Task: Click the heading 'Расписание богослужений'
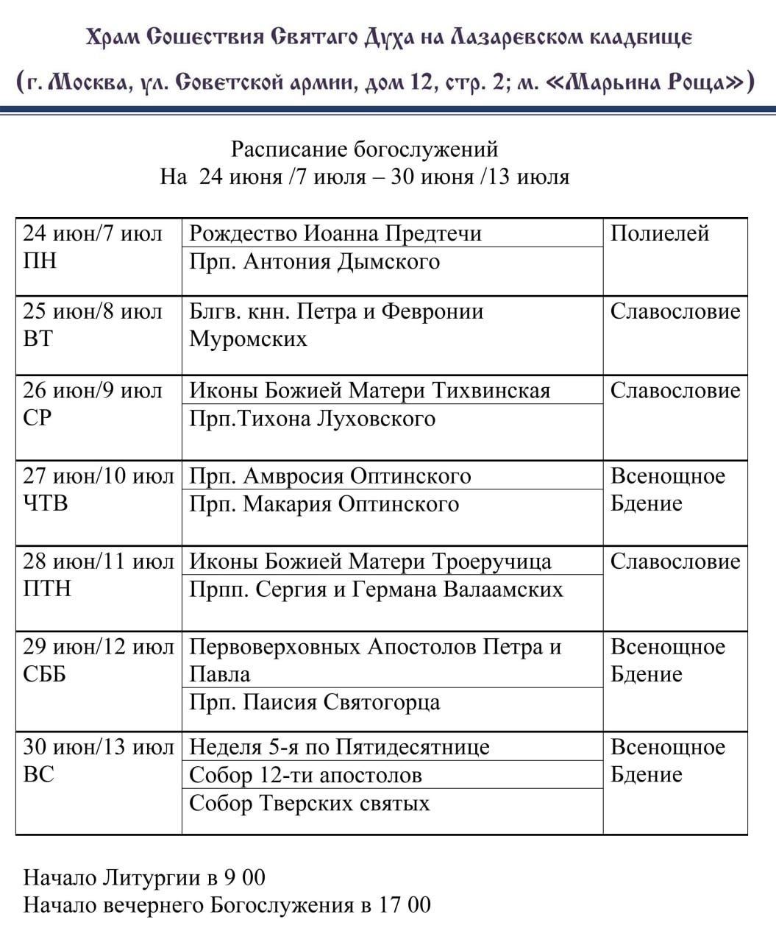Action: point(364,149)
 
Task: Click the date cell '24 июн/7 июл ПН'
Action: point(93,247)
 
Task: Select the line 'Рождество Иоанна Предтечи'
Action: point(335,233)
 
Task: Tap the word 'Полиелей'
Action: point(659,233)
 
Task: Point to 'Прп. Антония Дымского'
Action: point(314,261)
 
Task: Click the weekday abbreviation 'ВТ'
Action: point(38,339)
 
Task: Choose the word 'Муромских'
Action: point(248,339)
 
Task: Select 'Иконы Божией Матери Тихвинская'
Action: point(369,390)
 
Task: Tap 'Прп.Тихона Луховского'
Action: point(312,419)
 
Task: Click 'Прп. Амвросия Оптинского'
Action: point(330,475)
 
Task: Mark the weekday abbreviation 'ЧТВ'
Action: point(45,503)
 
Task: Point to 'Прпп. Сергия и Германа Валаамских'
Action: point(376,589)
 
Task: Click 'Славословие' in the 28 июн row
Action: point(674,561)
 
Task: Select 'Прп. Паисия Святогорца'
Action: point(314,702)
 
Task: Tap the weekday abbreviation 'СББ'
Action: point(44,674)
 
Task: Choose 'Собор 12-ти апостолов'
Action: point(305,775)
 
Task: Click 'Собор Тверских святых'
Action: point(309,803)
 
